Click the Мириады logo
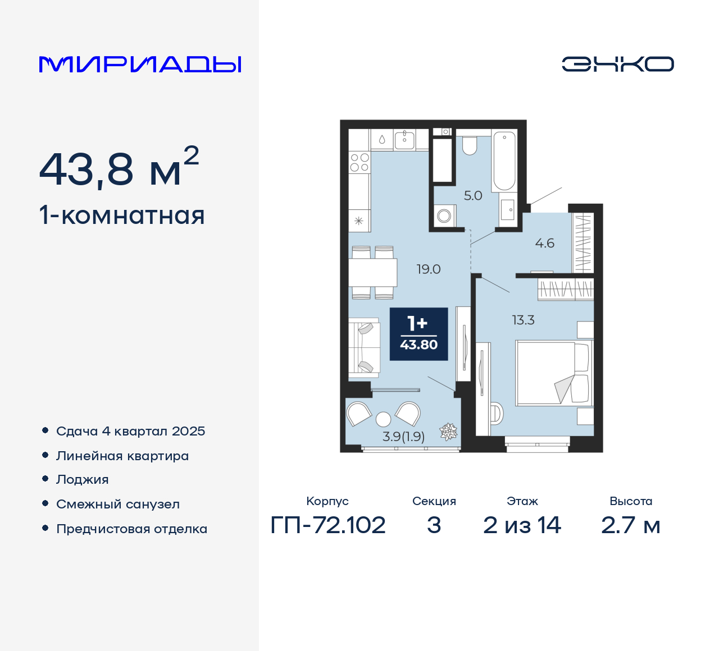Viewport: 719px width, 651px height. tap(140, 65)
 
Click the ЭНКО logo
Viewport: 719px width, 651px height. tap(617, 64)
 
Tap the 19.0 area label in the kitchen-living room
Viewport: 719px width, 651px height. tap(429, 269)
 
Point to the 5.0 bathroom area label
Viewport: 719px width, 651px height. tap(473, 196)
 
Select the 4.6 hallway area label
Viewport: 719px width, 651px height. tap(544, 244)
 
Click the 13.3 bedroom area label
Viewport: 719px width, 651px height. tap(523, 320)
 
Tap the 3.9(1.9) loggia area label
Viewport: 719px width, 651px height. tap(403, 437)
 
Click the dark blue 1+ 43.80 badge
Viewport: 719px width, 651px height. tap(419, 334)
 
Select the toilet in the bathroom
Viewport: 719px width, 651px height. tap(470, 145)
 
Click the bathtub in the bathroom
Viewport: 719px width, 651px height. tap(504, 161)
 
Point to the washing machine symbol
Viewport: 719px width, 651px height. tap(444, 216)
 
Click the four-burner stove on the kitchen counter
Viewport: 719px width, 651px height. tap(359, 163)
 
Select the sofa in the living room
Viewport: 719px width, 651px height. tap(364, 346)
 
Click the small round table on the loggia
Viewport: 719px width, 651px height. tap(383, 419)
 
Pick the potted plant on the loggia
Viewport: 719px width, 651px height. tap(448, 431)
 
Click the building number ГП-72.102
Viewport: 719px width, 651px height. tap(328, 525)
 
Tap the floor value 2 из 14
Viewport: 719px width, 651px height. tap(522, 525)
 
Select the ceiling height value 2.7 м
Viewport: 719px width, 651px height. tap(630, 525)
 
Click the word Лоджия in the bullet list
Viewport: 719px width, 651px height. tap(83, 480)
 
